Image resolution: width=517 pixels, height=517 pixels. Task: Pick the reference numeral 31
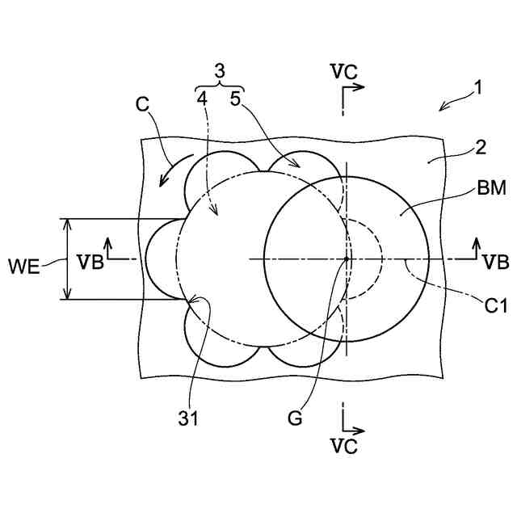187,418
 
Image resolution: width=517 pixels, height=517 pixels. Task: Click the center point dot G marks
346,258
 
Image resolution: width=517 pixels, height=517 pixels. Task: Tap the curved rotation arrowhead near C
164,181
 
